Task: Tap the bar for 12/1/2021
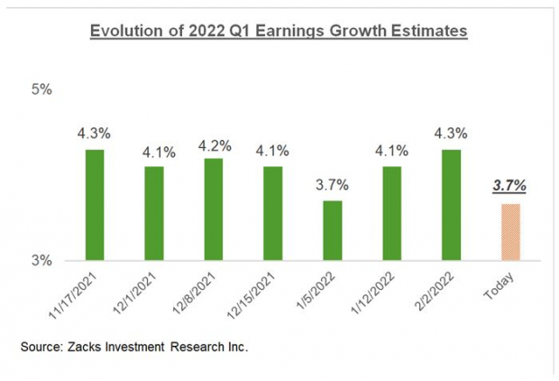154,213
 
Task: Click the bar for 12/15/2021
272,213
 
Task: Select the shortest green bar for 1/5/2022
332,230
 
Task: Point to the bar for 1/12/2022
391,213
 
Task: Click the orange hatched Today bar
509,232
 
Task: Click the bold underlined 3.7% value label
509,186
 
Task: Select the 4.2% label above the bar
214,144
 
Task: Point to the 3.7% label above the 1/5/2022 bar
332,184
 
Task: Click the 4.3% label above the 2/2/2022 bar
451,134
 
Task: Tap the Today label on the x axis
508,289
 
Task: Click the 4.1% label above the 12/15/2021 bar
273,151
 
